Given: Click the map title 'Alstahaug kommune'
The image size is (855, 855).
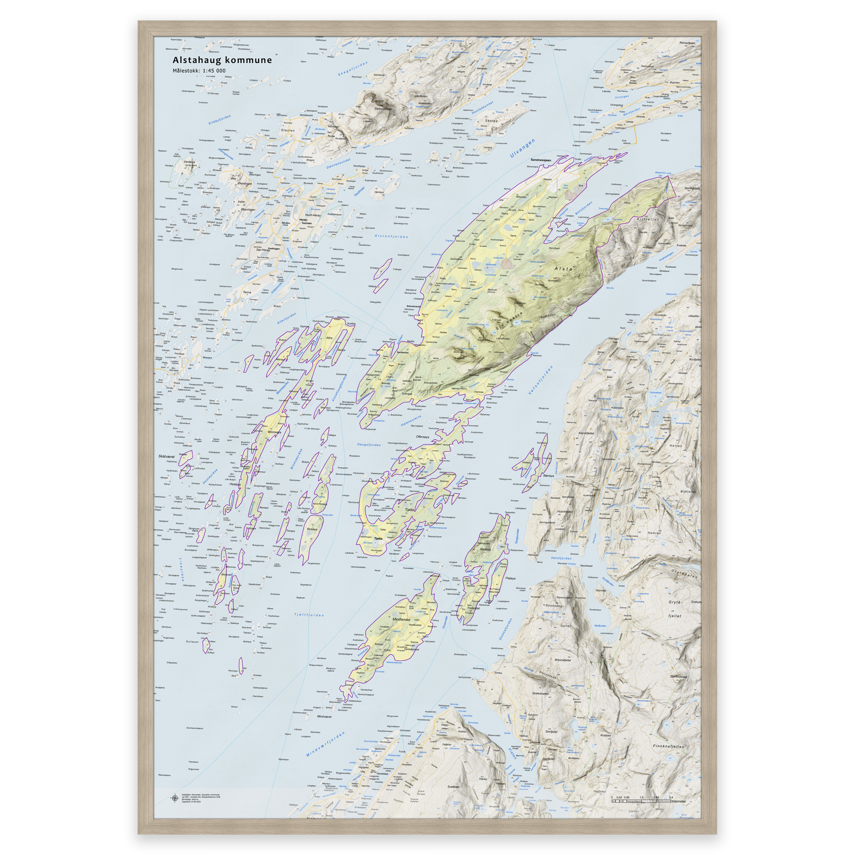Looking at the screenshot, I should [x=222, y=60].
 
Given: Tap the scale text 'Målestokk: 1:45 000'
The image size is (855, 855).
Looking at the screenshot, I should [x=199, y=71].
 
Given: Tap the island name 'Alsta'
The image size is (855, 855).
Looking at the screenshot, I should [x=563, y=268].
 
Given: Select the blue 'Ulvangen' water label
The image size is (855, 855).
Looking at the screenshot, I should [x=523, y=149].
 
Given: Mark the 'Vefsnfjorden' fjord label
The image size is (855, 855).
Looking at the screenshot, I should [x=541, y=380].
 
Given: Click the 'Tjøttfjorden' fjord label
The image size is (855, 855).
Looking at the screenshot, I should [x=309, y=615].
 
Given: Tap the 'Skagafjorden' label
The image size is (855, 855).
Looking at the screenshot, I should [x=353, y=68].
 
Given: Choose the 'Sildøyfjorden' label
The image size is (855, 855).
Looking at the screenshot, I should [x=220, y=119].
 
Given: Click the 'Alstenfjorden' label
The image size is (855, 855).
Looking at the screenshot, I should [x=391, y=236].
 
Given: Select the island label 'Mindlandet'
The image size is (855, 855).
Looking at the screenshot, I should [x=401, y=620].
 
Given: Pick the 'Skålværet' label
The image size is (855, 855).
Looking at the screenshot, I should [x=167, y=456].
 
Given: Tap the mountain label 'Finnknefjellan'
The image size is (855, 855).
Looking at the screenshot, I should [x=668, y=746].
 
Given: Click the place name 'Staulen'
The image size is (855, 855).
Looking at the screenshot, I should [x=288, y=131].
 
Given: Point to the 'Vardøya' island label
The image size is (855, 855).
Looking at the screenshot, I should [x=190, y=162].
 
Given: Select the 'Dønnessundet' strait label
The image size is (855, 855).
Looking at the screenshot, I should [x=339, y=163].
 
